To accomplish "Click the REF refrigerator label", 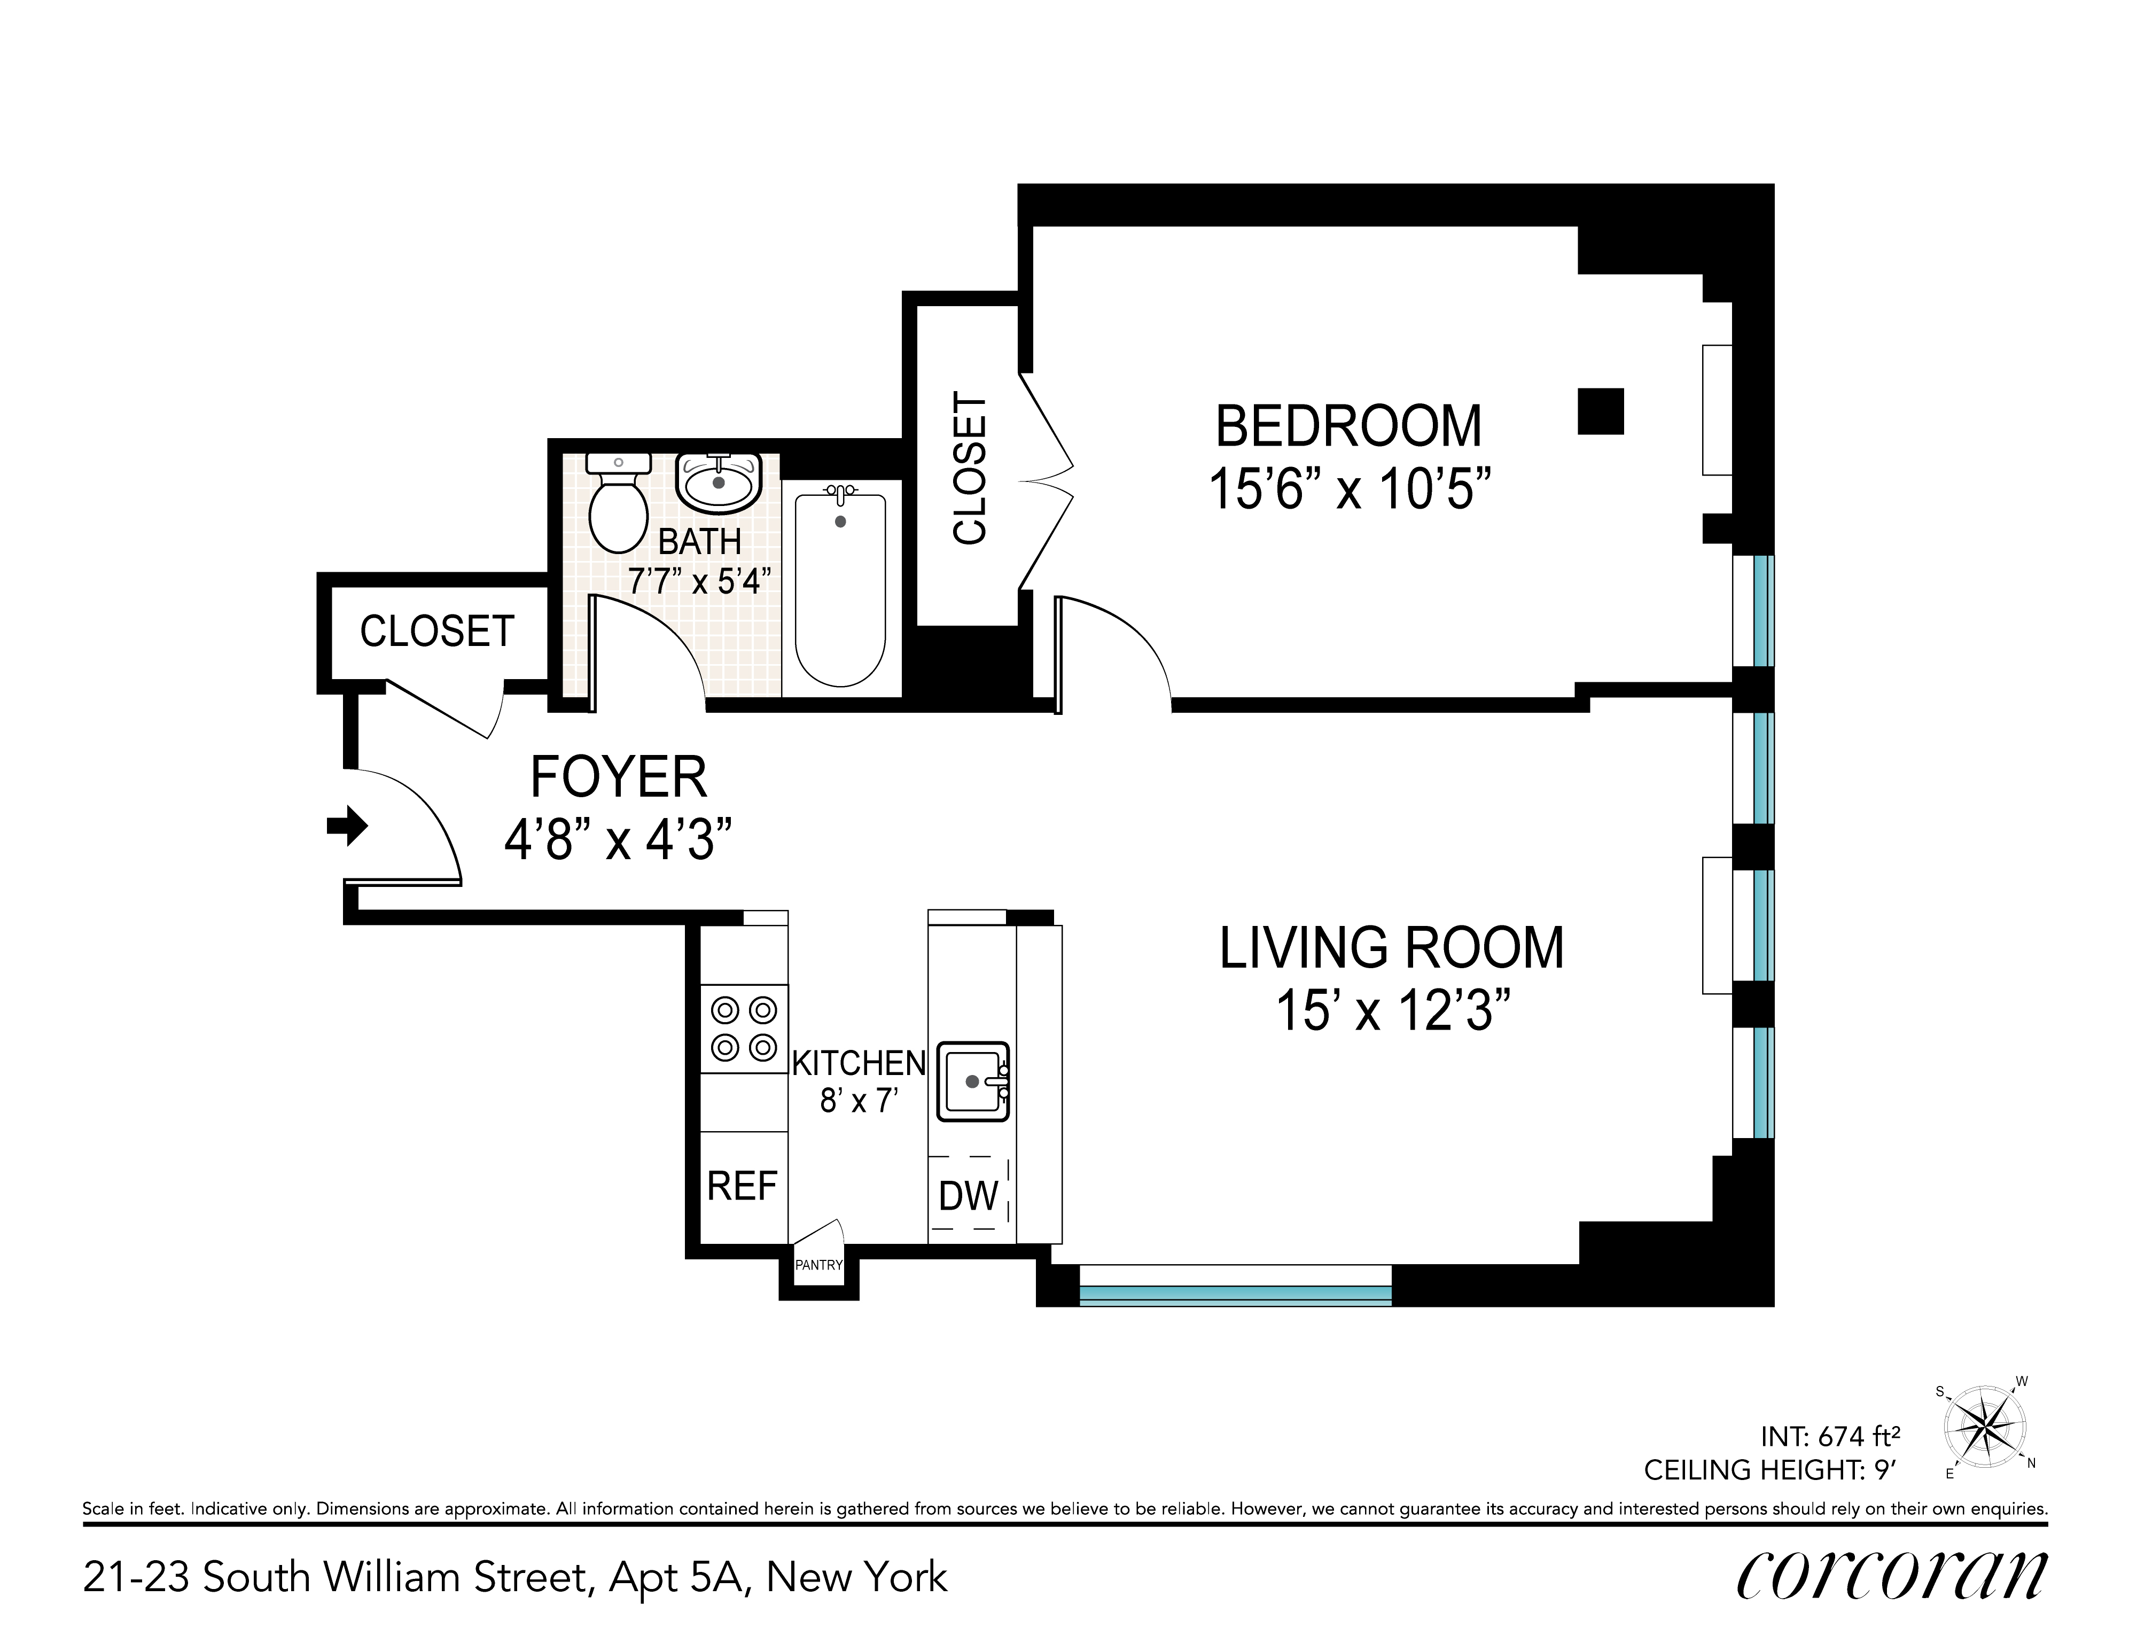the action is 742,1186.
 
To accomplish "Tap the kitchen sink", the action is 973,1081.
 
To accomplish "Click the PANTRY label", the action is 819,1265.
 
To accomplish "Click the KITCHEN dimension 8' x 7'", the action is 858,1101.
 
